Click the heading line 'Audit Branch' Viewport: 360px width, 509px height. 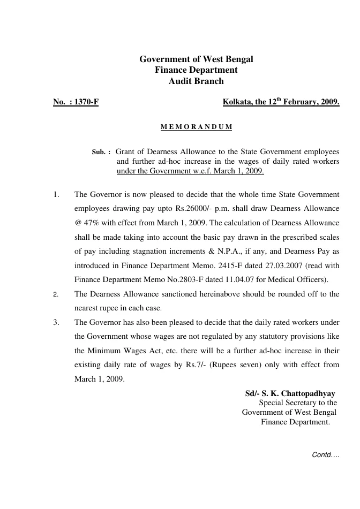(x=196, y=81)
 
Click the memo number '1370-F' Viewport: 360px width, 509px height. (x=86, y=102)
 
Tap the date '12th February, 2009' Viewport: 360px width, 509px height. (x=296, y=102)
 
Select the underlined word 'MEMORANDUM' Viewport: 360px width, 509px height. (x=196, y=127)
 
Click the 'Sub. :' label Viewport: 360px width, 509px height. (x=102, y=152)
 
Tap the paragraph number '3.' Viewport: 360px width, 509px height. (x=56, y=322)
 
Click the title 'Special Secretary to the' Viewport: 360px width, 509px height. (x=298, y=403)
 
